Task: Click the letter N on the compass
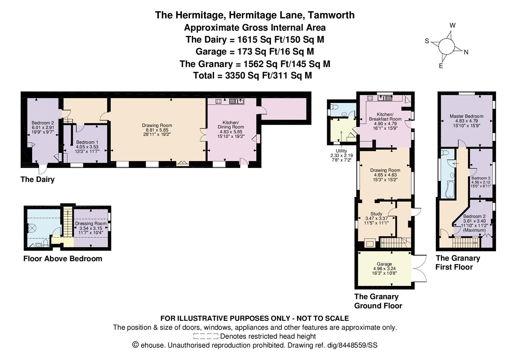click(466, 52)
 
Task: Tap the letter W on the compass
click(452, 25)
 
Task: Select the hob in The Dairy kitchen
click(218, 101)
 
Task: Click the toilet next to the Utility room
click(334, 107)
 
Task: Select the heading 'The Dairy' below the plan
click(37, 179)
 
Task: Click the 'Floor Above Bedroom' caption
click(63, 259)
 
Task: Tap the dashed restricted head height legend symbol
click(205, 336)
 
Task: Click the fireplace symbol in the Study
click(370, 243)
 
